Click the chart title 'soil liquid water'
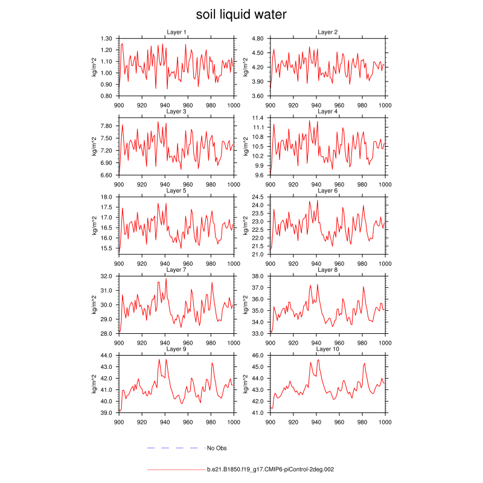click(x=241, y=14)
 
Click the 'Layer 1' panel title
click(x=176, y=32)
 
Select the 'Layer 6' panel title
click(x=328, y=191)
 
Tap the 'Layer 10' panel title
click(x=328, y=350)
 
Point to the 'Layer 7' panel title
click(x=176, y=270)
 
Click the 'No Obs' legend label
click(x=217, y=448)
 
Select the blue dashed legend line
click(x=173, y=448)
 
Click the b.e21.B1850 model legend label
click(x=270, y=469)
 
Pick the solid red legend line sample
click(x=176, y=469)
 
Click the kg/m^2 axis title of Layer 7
click(x=95, y=305)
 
